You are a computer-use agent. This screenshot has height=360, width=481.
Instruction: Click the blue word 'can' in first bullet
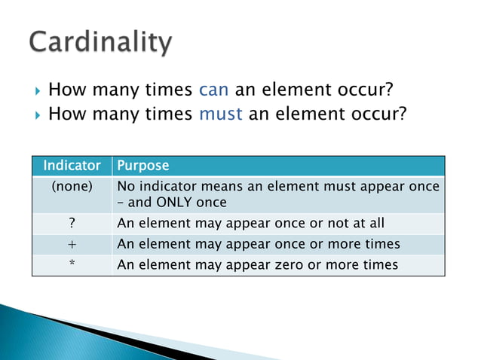point(213,91)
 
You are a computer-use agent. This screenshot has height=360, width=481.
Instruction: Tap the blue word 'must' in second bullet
point(220,115)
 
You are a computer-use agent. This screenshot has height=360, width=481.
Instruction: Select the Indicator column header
point(72,165)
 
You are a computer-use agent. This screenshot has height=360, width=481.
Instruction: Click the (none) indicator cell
point(72,186)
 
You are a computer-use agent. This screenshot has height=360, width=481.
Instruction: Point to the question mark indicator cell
point(72,223)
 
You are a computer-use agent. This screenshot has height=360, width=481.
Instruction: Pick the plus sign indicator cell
point(72,244)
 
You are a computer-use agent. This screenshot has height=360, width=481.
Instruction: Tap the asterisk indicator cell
point(72,265)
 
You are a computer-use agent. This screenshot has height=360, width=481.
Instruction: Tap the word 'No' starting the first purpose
point(126,186)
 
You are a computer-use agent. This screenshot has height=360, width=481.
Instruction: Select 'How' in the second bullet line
point(65,115)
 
